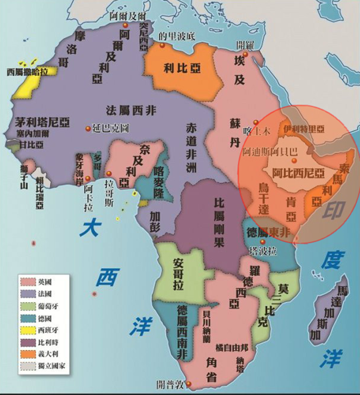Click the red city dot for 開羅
click(246, 54)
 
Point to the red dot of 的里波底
click(162, 45)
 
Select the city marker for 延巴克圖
click(88, 128)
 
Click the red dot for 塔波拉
click(262, 241)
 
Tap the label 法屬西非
click(131, 110)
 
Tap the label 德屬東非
click(268, 232)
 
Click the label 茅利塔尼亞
click(42, 122)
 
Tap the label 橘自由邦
click(232, 348)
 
